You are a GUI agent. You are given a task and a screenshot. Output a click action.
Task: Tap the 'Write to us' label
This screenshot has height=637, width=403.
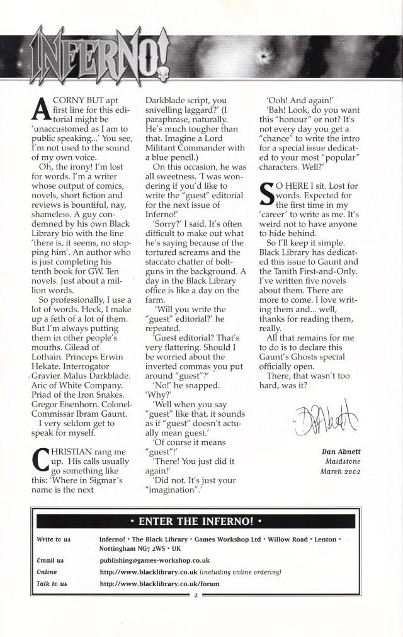(x=54, y=539)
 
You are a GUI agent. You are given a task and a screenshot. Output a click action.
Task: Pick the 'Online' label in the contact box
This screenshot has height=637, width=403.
(x=47, y=572)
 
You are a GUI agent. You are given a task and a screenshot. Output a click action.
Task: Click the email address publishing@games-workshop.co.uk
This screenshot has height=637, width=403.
(x=155, y=560)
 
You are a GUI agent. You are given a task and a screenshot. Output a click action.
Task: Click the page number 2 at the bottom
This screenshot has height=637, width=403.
(x=196, y=594)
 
